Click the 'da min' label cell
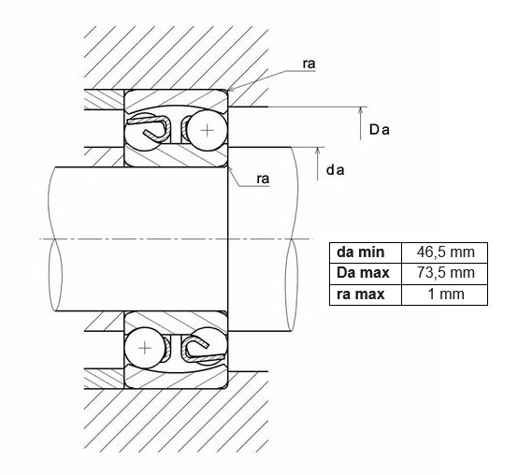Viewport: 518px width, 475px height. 366,252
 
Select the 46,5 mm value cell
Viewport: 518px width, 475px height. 445,252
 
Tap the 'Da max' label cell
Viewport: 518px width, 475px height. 366,274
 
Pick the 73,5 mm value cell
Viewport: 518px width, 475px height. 445,274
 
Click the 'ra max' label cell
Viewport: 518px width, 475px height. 366,295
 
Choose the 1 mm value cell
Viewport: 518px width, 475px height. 445,295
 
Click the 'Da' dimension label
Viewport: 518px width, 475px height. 380,130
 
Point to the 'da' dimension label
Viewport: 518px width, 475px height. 336,170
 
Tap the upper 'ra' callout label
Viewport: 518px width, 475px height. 309,64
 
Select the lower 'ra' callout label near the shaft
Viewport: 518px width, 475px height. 263,179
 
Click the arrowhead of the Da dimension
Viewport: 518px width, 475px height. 360,111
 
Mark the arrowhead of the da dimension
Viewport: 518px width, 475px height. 318,151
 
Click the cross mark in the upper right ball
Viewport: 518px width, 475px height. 208,131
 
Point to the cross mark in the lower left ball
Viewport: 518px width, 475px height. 145,348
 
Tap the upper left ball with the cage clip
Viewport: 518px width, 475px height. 143,132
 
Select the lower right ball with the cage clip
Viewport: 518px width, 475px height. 209,347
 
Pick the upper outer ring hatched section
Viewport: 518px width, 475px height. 176,100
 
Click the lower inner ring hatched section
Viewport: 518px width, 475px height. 176,322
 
